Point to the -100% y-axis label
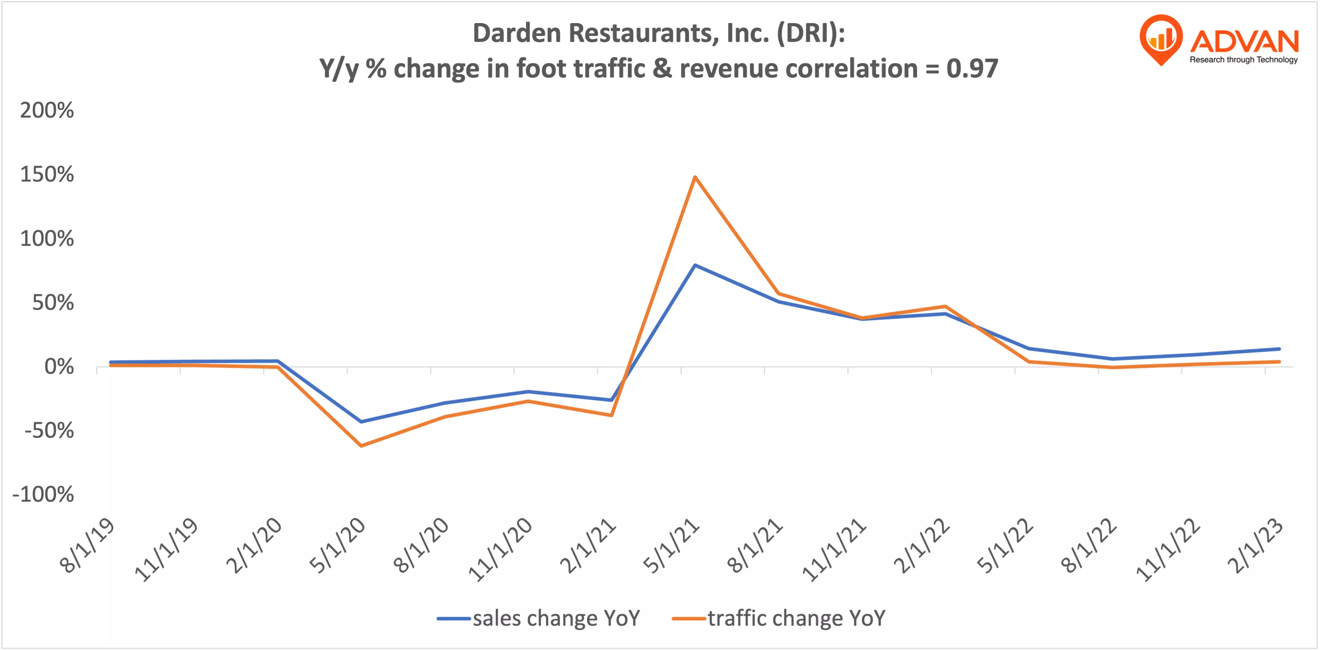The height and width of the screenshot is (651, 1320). click(44, 495)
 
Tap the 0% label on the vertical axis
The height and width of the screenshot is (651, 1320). click(59, 367)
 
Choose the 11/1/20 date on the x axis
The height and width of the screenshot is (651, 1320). click(501, 549)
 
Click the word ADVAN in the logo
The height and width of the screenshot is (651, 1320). click(1244, 41)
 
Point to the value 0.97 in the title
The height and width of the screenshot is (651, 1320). click(972, 69)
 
